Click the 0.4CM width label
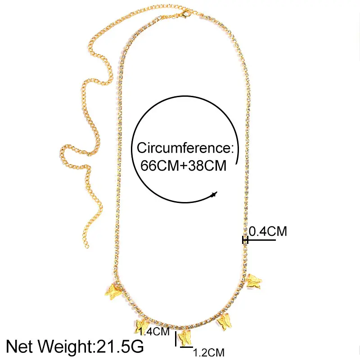coord(268,232)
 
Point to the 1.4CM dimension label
coord(154,333)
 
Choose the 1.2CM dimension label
coord(208,352)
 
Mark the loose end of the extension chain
coord(84,246)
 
